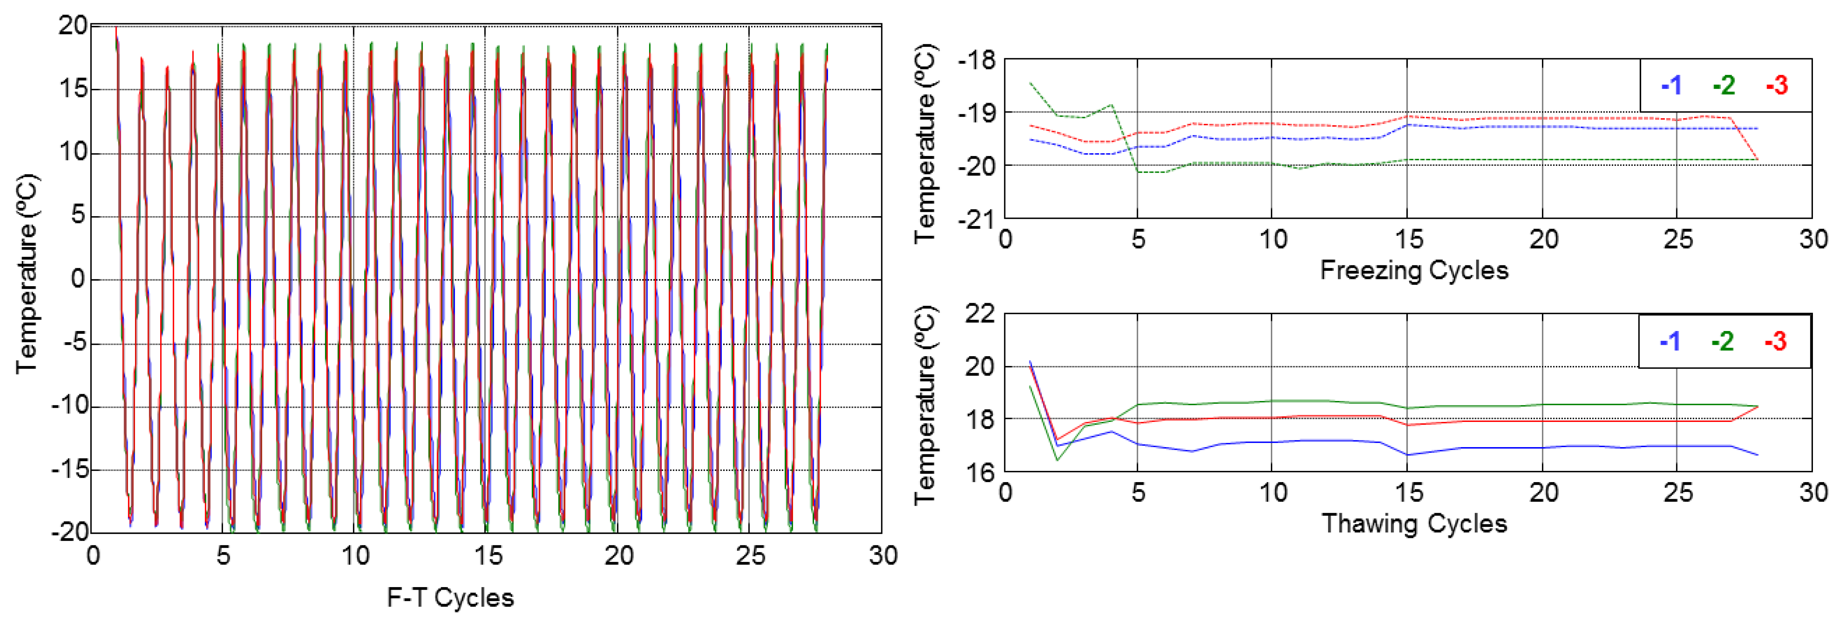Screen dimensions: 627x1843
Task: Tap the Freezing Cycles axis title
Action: [x=1414, y=270]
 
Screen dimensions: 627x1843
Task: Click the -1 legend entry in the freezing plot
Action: [x=1671, y=86]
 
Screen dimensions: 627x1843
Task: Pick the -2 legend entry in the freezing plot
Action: [x=1723, y=86]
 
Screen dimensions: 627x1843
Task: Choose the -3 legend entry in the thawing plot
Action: [x=1776, y=341]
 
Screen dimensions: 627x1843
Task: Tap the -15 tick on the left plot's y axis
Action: [x=69, y=470]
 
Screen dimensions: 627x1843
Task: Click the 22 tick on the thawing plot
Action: [x=980, y=314]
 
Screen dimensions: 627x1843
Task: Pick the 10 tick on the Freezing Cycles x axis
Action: [x=1273, y=239]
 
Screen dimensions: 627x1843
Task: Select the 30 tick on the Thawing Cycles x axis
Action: [x=1813, y=493]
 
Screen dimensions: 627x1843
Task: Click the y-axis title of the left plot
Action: [x=27, y=274]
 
